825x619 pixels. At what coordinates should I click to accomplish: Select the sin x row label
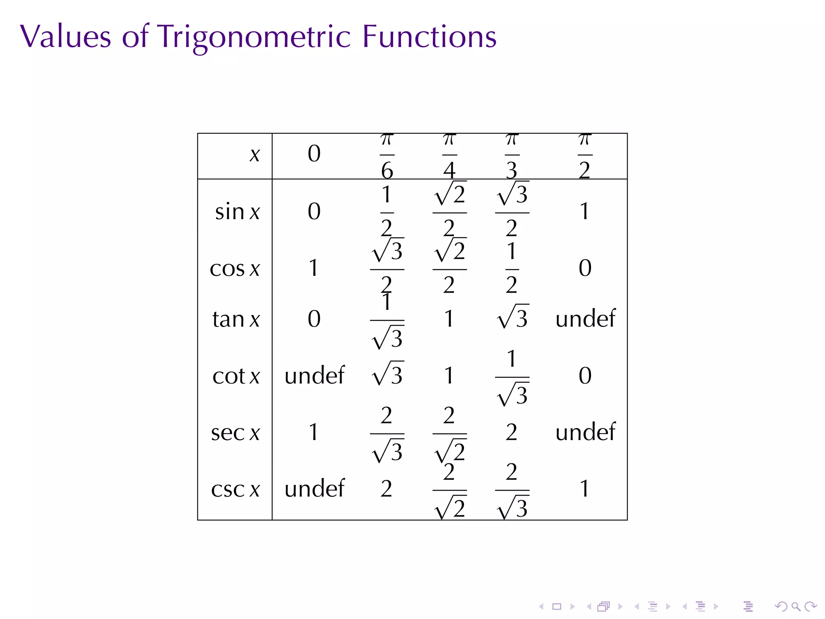(237, 212)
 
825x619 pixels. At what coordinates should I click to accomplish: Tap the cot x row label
(236, 376)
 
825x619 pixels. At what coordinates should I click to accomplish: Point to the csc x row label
(235, 489)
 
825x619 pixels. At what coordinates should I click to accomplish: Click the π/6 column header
(387, 156)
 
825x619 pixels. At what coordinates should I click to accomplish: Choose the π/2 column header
(585, 156)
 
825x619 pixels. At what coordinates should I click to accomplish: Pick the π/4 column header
(449, 156)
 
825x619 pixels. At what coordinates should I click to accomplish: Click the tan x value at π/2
(585, 319)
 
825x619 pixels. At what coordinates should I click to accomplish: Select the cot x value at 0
(314, 376)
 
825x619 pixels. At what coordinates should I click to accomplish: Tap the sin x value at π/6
(387, 212)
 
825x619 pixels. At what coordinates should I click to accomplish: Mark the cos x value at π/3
(512, 268)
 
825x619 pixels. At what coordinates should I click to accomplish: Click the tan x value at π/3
(512, 318)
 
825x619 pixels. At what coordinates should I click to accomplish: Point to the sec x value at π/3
(512, 432)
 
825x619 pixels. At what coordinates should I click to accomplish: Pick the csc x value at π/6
(386, 489)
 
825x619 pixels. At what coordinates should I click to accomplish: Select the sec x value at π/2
(585, 432)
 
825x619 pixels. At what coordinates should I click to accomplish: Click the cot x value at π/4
(449, 376)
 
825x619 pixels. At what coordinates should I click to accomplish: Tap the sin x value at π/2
(585, 212)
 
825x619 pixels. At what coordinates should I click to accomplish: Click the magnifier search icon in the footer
(796, 607)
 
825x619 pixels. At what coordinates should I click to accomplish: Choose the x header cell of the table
(255, 155)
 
